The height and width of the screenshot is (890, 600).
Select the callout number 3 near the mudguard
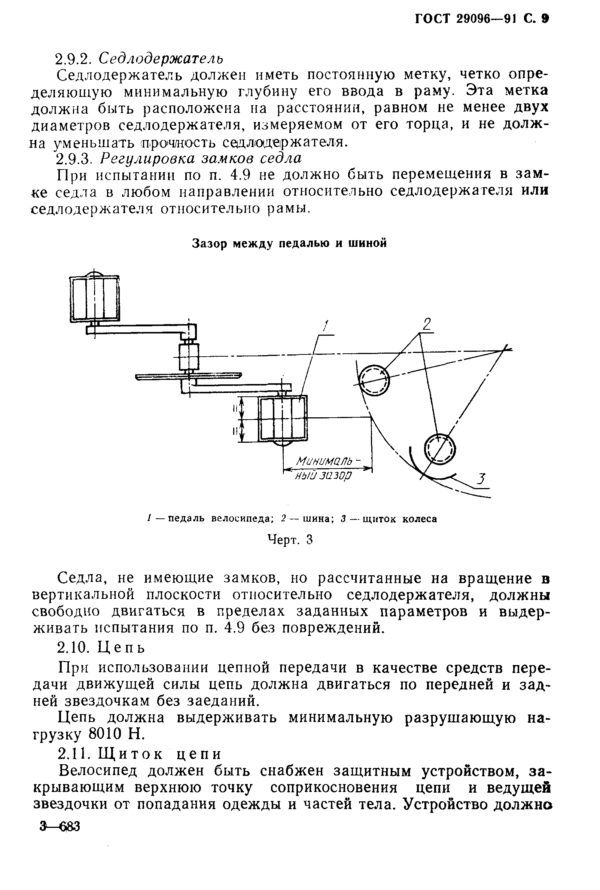coord(482,479)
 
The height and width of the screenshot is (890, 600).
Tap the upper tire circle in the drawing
coord(374,380)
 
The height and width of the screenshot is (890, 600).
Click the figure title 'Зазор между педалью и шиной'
coord(289,243)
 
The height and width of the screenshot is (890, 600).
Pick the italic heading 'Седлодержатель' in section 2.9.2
coord(161,58)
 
